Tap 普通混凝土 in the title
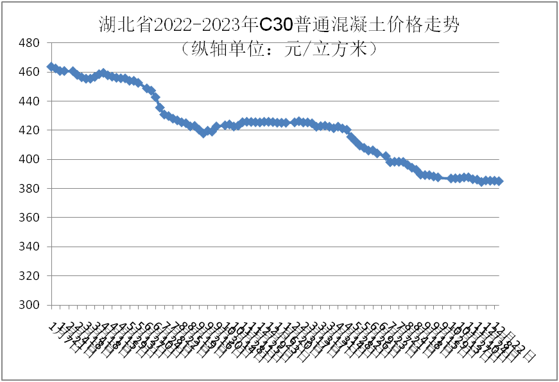340,25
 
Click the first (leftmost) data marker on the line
51,67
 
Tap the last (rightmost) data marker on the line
499,181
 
